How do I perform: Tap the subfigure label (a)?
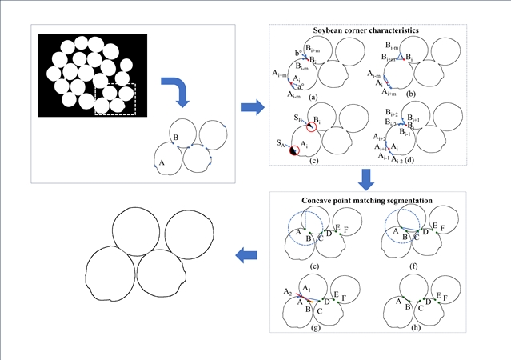(x=315, y=97)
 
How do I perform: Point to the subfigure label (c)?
(x=316, y=162)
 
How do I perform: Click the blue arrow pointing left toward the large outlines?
(x=248, y=255)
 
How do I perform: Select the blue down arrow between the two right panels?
(x=368, y=178)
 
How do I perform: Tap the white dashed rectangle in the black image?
(x=116, y=98)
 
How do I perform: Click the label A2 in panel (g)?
(x=285, y=293)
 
